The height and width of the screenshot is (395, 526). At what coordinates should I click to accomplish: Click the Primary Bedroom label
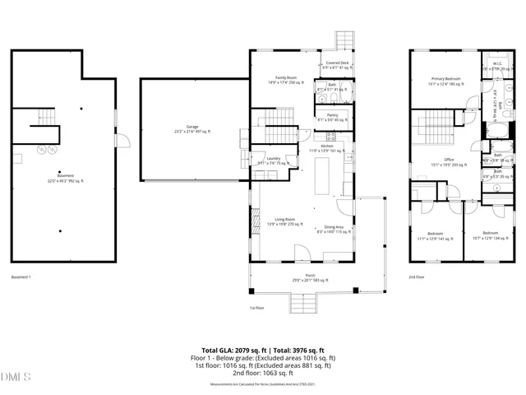[x=445, y=81]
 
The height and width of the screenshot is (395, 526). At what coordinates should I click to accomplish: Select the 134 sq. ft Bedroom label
[x=490, y=235]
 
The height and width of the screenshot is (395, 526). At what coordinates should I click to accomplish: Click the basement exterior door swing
[x=122, y=142]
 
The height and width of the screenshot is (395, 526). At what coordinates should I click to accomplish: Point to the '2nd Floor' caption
[x=418, y=276]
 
